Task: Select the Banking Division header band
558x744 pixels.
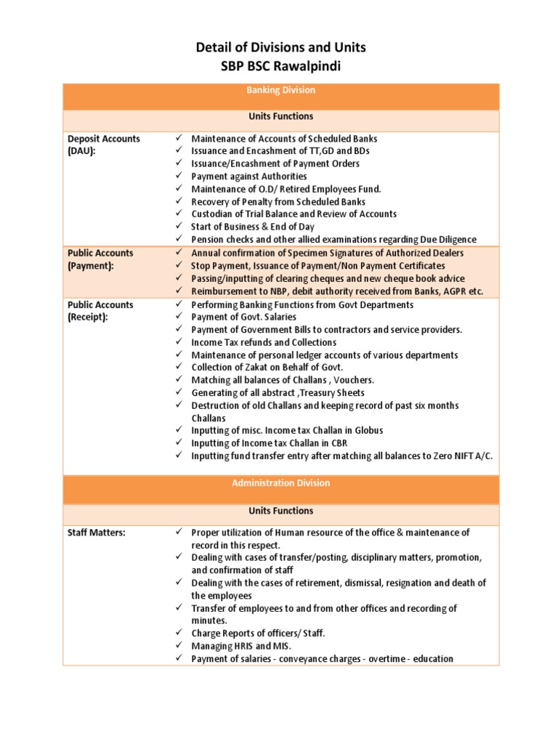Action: pyautogui.click(x=280, y=91)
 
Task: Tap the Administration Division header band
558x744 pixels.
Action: pyautogui.click(x=280, y=483)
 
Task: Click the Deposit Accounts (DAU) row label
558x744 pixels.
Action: pyautogui.click(x=104, y=144)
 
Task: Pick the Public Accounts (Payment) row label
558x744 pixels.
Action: pyautogui.click(x=100, y=259)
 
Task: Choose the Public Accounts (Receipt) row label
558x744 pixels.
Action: pyautogui.click(x=100, y=311)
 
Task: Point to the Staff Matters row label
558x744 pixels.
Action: pyautogui.click(x=96, y=533)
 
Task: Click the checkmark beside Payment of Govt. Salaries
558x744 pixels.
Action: pyautogui.click(x=179, y=318)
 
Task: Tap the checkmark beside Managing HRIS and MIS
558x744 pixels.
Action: pyautogui.click(x=179, y=646)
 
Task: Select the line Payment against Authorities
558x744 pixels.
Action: pyautogui.click(x=248, y=177)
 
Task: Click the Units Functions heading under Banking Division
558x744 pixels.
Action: pyautogui.click(x=280, y=116)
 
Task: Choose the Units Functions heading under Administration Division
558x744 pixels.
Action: pyautogui.click(x=280, y=511)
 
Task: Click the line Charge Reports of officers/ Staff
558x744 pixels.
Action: pyautogui.click(x=258, y=634)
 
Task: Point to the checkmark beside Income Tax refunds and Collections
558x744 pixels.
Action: pyautogui.click(x=179, y=343)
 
